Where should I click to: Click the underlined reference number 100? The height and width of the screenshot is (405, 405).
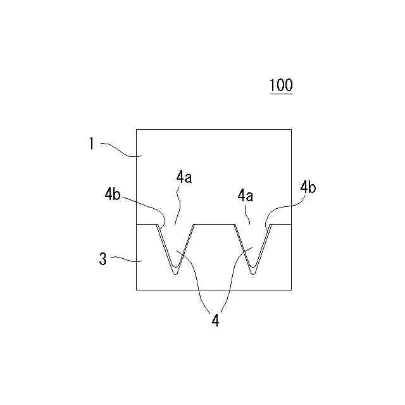(281, 85)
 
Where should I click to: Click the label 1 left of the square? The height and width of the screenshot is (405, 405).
(91, 144)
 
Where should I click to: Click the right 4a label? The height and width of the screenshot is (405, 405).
(246, 197)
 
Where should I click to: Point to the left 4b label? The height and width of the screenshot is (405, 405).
(113, 194)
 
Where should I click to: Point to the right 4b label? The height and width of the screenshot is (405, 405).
(309, 187)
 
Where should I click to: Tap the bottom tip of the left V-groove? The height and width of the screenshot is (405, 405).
(175, 273)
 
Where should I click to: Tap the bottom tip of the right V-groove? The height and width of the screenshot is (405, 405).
(252, 273)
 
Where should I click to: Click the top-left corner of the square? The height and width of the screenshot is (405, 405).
(137, 129)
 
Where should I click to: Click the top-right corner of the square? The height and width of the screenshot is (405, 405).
(291, 129)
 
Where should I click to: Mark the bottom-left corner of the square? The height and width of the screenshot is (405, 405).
(137, 290)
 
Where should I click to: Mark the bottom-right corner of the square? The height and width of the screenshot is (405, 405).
(291, 290)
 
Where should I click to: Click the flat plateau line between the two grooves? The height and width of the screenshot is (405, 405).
(214, 224)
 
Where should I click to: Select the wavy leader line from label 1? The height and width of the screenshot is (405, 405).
(117, 149)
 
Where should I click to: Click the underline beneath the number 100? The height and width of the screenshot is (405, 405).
(281, 94)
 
